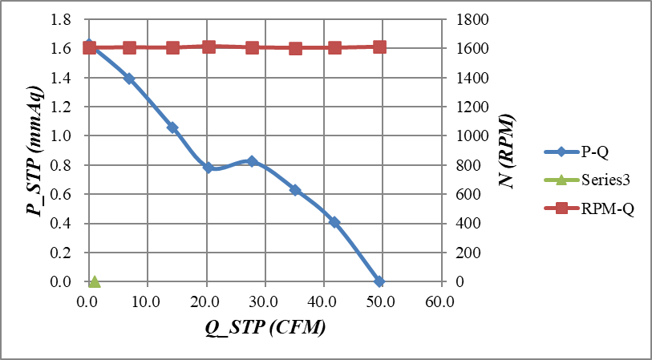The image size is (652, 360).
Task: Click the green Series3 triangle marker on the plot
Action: click(x=95, y=281)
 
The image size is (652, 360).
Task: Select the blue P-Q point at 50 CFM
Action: click(x=379, y=281)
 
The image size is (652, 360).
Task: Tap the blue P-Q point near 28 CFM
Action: click(x=252, y=161)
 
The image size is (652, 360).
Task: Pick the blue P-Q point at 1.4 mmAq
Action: click(x=129, y=79)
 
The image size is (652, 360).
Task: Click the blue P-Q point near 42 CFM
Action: click(x=334, y=222)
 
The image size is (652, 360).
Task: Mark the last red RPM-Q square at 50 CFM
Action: click(x=379, y=47)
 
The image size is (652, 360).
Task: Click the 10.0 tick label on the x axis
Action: click(x=147, y=301)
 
